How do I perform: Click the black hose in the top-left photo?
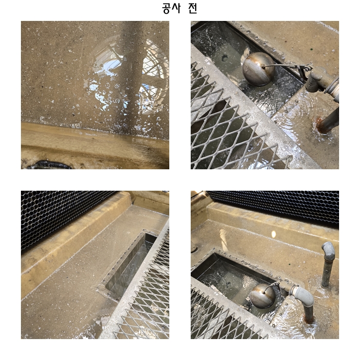click(49, 165)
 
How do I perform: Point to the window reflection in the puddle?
click(128, 76)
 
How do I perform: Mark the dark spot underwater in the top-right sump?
click(224, 58)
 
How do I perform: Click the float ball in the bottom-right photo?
click(262, 296)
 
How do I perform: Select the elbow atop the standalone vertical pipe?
click(328, 249)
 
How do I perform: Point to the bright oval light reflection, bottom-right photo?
click(273, 234)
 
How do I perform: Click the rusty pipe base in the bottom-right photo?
click(308, 319)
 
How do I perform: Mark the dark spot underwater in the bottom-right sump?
click(228, 285)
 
